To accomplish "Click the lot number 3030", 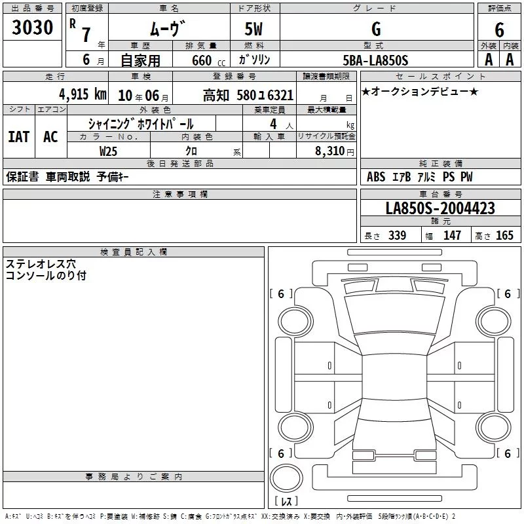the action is [x=32, y=27].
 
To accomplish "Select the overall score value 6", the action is [x=499, y=29].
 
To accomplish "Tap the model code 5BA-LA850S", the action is [x=375, y=60].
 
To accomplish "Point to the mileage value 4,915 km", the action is [x=83, y=94].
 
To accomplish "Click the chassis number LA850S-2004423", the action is [x=440, y=208].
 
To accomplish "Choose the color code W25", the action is [x=108, y=151].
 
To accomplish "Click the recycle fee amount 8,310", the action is [x=330, y=151].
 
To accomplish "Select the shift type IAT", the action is [x=19, y=136].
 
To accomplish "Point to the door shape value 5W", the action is [x=253, y=29].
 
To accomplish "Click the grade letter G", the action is [x=376, y=29].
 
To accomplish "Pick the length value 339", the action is [x=398, y=235].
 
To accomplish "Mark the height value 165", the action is [x=504, y=235].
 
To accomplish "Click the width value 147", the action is [x=452, y=235].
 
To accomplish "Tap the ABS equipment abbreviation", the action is [x=376, y=176].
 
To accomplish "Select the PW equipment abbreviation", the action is [x=466, y=176].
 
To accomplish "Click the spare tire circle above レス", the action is [x=286, y=478].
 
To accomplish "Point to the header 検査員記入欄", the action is [x=134, y=252].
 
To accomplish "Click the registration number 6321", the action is [x=280, y=95].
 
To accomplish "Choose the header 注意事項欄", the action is [x=180, y=194].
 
